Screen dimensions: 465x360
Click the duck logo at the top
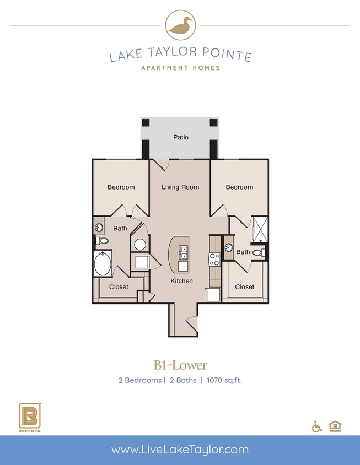tap(180, 25)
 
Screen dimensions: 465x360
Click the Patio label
tap(181, 137)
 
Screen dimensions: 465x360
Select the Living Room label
tap(180, 187)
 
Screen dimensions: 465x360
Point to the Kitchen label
tap(181, 281)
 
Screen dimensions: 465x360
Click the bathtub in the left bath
tap(103, 264)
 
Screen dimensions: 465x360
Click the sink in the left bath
tap(100, 227)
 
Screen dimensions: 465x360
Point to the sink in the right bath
tap(229, 247)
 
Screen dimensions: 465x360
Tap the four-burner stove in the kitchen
tap(214, 258)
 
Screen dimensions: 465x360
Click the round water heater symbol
tap(140, 244)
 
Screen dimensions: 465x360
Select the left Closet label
tap(119, 286)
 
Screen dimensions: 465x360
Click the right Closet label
tap(245, 286)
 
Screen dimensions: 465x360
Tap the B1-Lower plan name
tap(180, 365)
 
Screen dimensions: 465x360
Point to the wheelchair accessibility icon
tap(317, 426)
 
